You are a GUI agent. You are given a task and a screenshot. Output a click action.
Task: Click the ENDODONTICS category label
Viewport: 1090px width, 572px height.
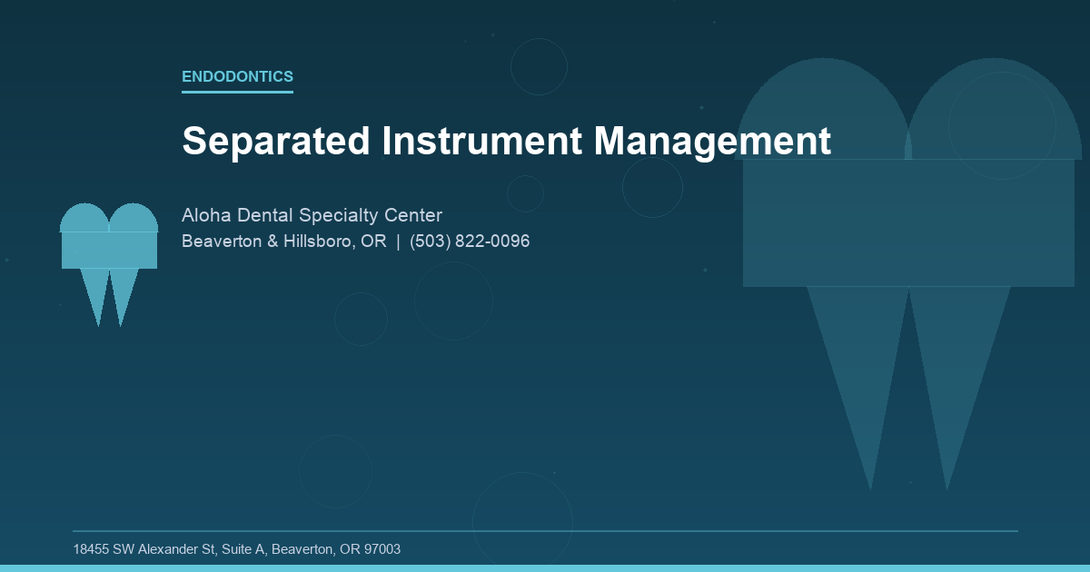pos(237,77)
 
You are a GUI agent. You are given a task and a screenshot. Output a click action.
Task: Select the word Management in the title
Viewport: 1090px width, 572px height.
pos(712,142)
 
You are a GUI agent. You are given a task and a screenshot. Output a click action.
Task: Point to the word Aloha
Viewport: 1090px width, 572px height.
pos(206,215)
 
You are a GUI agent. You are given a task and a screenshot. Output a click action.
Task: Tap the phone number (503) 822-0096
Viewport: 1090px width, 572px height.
pos(470,242)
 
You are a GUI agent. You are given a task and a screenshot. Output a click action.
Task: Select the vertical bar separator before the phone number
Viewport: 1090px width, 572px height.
pos(398,242)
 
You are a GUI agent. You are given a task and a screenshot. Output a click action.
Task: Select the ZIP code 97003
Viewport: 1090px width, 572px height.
pos(382,549)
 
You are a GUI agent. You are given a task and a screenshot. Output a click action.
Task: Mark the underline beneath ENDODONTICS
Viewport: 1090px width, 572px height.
pos(237,92)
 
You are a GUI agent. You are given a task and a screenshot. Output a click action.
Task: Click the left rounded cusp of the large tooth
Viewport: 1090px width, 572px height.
pos(823,113)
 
